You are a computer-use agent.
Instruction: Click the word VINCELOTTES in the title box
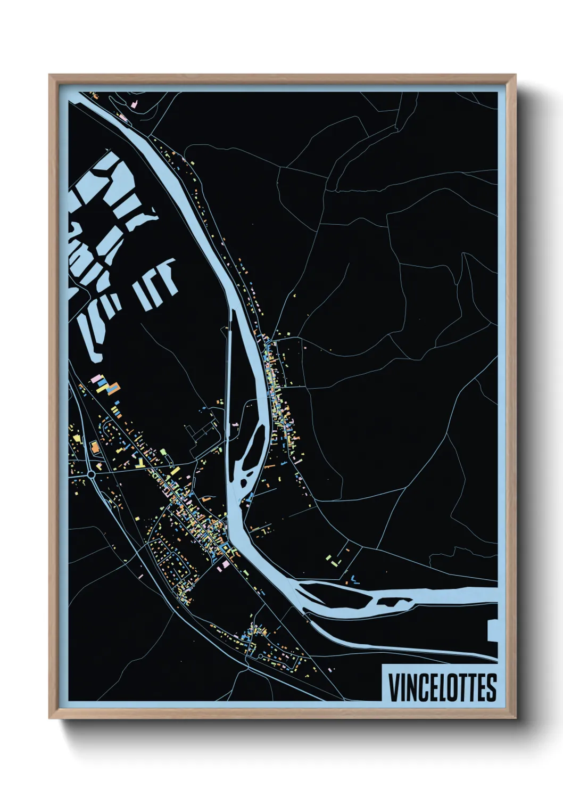[x=442, y=687]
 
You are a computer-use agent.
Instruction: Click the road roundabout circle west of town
[x=92, y=473]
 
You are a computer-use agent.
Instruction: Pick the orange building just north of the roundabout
[x=95, y=447]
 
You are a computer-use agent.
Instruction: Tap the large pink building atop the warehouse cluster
[x=98, y=379]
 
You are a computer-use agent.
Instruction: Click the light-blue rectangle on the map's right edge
[x=493, y=631]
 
